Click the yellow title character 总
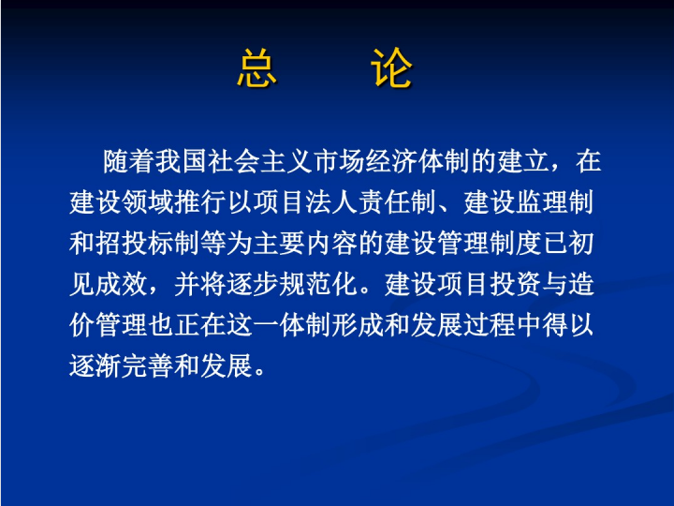[256, 68]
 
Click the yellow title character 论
[391, 68]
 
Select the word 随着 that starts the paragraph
[129, 161]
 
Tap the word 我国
[182, 161]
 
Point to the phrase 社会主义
[260, 161]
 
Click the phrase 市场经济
[365, 161]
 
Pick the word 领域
[148, 202]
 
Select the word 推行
[200, 202]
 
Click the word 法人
[331, 202]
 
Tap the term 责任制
[397, 202]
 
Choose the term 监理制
[555, 202]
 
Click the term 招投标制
[148, 243]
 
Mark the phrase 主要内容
[305, 243]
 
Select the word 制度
[515, 243]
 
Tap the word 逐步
[253, 284]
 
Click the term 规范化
[318, 284]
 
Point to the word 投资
[515, 284]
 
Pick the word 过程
[489, 325]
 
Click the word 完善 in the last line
[148, 365]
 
